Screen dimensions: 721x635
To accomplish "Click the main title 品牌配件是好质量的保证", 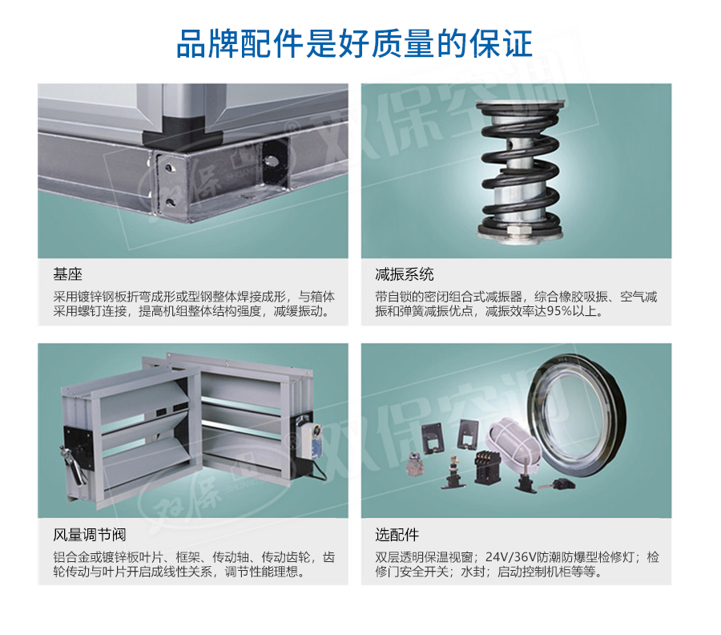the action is [354, 44].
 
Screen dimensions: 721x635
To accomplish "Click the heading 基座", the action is [67, 275].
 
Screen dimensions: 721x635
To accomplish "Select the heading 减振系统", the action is [405, 275].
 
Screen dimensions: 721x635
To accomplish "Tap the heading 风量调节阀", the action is [89, 535].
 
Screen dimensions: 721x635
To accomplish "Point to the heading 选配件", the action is [397, 535].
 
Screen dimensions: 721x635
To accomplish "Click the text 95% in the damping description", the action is [558, 312].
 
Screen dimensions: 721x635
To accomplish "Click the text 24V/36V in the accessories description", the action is [511, 557].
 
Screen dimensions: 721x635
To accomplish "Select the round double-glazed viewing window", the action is [577, 415].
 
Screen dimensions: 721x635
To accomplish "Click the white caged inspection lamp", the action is [513, 444].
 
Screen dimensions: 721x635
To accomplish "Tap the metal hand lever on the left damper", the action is [74, 463].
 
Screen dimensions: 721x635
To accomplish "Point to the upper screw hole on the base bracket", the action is [170, 168].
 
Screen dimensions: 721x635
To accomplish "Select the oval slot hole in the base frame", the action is [271, 160].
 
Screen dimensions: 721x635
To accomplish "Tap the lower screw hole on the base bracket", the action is [171, 201].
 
